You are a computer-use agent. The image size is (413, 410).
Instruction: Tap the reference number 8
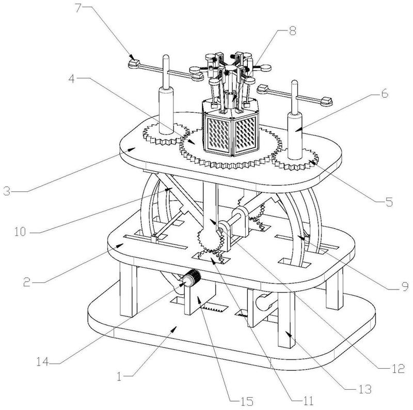pyautogui.click(x=293, y=31)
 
